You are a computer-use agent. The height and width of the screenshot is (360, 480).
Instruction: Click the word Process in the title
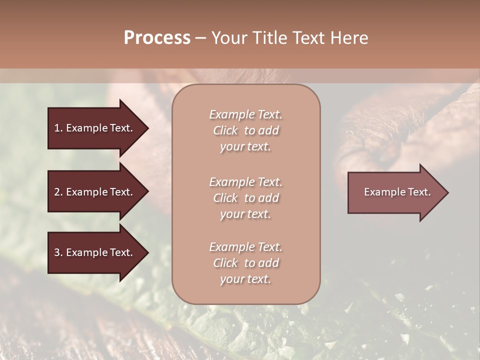click(157, 38)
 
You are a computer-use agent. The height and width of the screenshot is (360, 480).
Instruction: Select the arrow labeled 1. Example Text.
click(95, 128)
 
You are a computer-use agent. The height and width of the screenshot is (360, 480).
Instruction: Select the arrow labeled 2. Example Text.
click(95, 192)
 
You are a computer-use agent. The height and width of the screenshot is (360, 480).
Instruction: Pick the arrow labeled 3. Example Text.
click(95, 252)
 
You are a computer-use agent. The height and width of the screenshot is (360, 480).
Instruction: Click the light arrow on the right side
click(395, 192)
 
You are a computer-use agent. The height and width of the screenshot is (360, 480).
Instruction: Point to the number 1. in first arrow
click(58, 128)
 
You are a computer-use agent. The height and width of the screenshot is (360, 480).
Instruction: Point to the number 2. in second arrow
click(58, 192)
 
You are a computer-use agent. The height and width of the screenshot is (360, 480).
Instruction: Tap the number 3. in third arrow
click(58, 252)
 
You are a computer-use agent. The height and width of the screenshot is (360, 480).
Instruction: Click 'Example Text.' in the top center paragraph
click(245, 114)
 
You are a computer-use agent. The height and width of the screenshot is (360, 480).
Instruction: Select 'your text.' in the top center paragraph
click(245, 146)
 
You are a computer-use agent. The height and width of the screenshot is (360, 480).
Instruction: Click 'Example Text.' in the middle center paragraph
click(245, 182)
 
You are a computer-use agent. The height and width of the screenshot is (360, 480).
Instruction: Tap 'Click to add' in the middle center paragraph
click(245, 198)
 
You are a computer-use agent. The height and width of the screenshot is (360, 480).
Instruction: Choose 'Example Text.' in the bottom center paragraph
click(245, 247)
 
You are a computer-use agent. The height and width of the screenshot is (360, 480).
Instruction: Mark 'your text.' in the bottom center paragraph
click(245, 279)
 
